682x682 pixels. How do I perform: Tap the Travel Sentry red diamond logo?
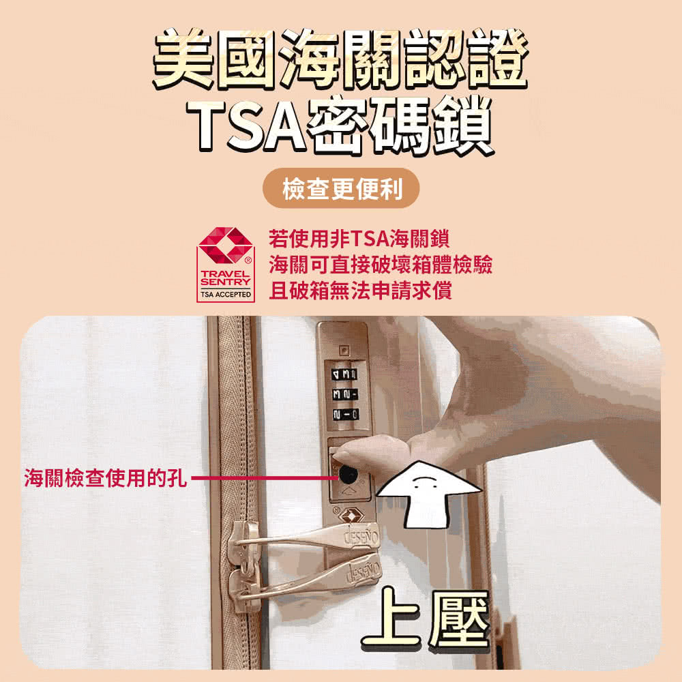(225, 246)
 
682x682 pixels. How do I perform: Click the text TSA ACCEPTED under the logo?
(225, 295)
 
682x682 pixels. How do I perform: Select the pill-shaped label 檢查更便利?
(341, 188)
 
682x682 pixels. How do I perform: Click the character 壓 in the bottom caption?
(459, 619)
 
